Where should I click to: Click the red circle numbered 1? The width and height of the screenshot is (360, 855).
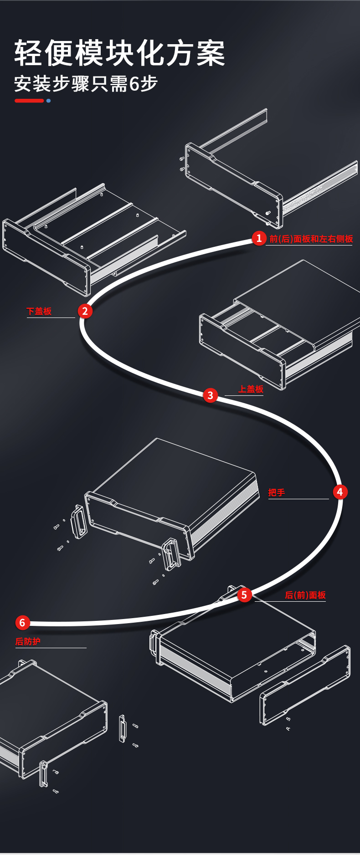click(259, 238)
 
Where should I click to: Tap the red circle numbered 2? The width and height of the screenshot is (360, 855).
click(85, 311)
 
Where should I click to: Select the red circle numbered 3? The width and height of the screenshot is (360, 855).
click(210, 395)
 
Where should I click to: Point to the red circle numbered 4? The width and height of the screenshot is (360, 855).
click(339, 492)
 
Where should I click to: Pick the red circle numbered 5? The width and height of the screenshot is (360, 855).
click(244, 594)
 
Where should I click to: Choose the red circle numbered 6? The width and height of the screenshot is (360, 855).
click(22, 623)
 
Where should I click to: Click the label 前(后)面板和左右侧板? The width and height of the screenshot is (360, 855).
click(311, 239)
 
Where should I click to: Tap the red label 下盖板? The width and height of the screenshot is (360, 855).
click(39, 311)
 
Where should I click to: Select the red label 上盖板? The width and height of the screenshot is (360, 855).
click(251, 389)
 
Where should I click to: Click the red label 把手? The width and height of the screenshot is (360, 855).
click(277, 492)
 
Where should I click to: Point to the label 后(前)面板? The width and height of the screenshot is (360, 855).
click(305, 595)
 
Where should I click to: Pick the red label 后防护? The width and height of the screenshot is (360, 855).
click(28, 641)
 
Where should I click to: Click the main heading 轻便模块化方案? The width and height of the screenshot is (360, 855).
click(120, 53)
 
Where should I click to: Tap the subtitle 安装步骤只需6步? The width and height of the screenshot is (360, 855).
click(86, 84)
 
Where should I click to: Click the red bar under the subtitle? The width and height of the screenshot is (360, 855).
click(29, 101)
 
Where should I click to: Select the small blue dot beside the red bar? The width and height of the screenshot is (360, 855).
click(48, 101)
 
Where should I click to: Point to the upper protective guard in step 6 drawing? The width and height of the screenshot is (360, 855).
click(122, 728)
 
